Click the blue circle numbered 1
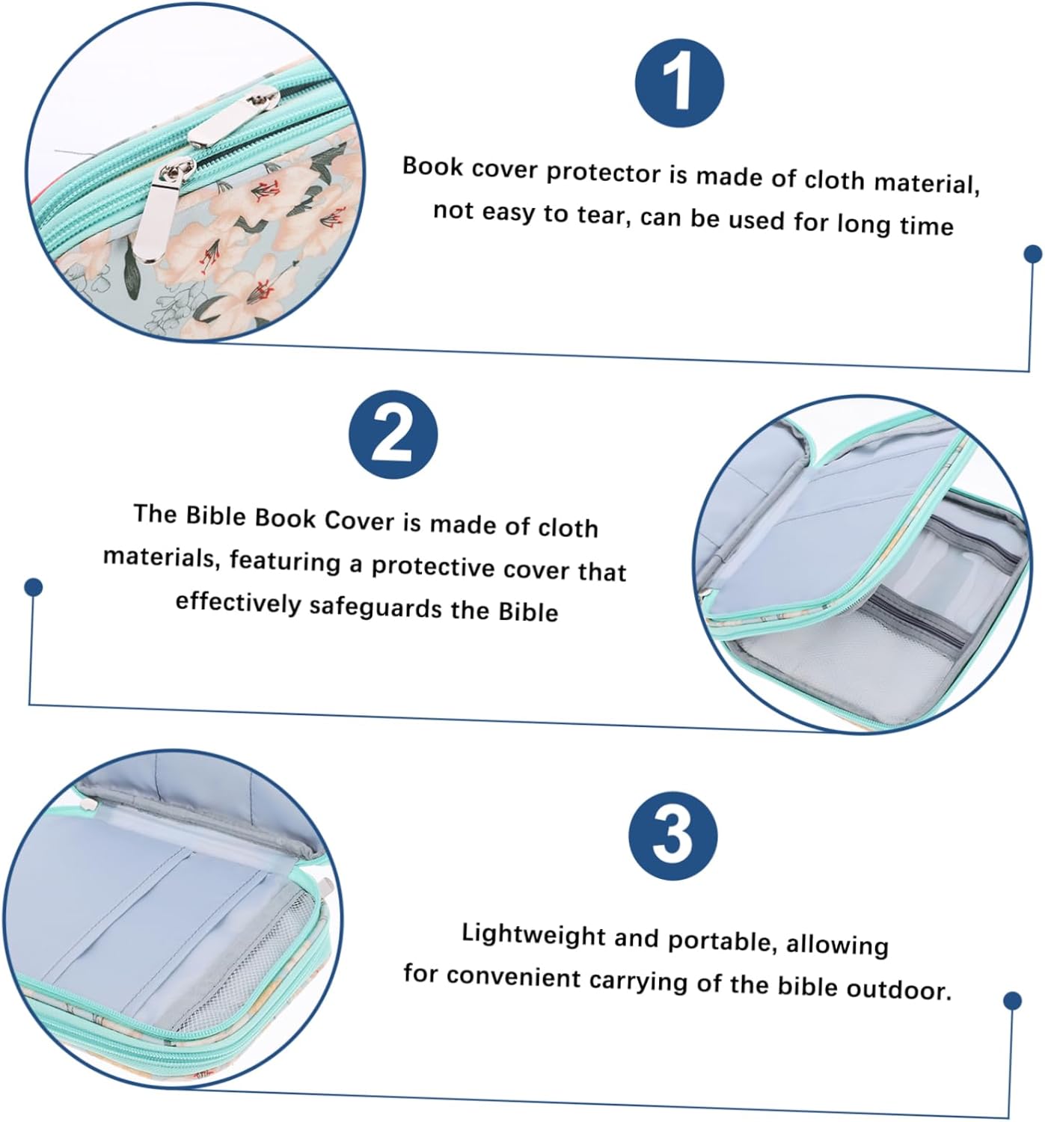678,83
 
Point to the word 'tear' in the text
604,215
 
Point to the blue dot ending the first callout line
1033,254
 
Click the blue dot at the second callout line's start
34,587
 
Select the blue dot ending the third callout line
1012,1001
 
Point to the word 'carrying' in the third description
638,982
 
